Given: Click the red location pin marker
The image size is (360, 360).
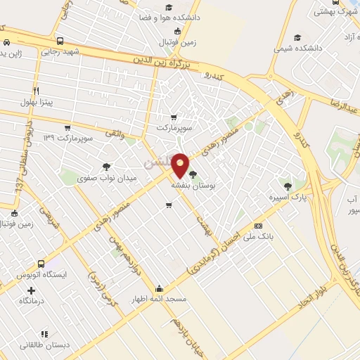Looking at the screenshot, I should coord(181,165).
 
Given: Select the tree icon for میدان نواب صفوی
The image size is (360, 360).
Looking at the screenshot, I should coord(106,167).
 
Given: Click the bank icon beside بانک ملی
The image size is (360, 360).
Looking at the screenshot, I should coord(259,226).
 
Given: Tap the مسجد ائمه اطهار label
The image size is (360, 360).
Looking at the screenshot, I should coord(160,299).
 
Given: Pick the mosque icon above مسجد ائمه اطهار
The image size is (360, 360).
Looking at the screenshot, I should coord(160,288).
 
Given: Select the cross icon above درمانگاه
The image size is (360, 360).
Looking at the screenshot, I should coord(31,290).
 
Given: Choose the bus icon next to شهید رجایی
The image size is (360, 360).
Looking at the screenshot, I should coord(60,41).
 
